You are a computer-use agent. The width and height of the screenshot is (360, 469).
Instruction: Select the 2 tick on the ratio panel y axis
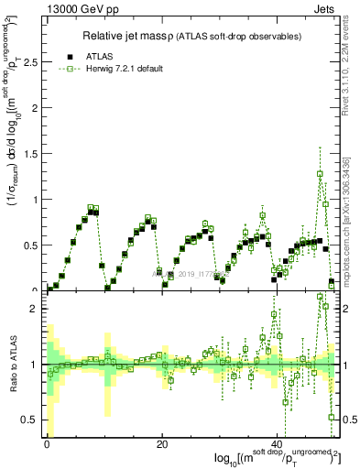(x=35, y=309)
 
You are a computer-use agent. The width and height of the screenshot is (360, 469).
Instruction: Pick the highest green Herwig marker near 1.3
(x=320, y=173)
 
